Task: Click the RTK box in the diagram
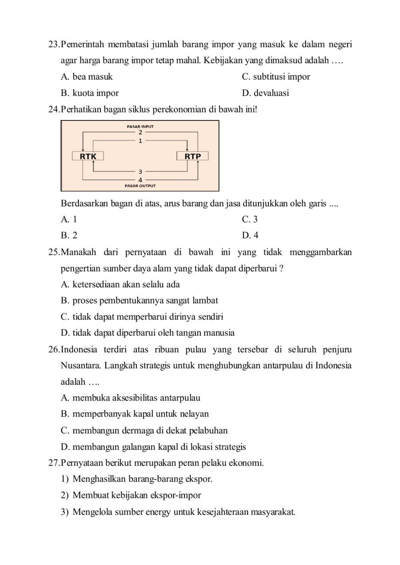pyautogui.click(x=88, y=156)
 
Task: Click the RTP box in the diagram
pyautogui.click(x=192, y=156)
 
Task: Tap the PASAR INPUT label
pyautogui.click(x=140, y=126)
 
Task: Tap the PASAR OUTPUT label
pyautogui.click(x=140, y=186)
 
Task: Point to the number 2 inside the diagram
pyautogui.click(x=140, y=132)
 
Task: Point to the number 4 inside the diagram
pyautogui.click(x=140, y=180)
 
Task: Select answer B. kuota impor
pyautogui.click(x=90, y=93)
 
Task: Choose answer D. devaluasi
pyautogui.click(x=265, y=93)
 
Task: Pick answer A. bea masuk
pyautogui.click(x=87, y=77)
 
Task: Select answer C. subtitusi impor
pyautogui.click(x=276, y=77)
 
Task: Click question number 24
pyautogui.click(x=54, y=109)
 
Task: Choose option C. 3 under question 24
pyautogui.click(x=250, y=219)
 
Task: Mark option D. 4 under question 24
pyautogui.click(x=250, y=236)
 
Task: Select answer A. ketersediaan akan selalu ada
pyautogui.click(x=120, y=285)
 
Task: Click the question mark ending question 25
pyautogui.click(x=282, y=269)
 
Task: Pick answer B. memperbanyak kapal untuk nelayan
pyautogui.click(x=135, y=414)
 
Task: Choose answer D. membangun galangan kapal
pyautogui.click(x=153, y=447)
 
